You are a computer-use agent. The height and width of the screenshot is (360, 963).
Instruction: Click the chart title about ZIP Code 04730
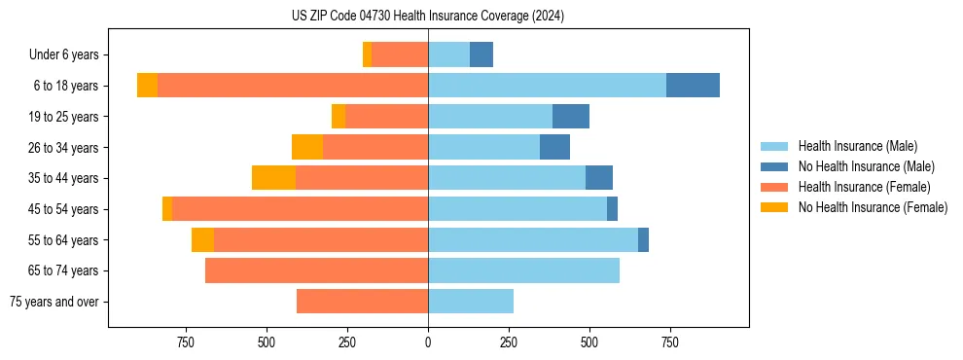(x=428, y=17)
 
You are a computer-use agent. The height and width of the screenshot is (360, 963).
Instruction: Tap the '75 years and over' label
(x=53, y=302)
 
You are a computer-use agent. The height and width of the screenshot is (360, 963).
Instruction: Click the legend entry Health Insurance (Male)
(x=857, y=146)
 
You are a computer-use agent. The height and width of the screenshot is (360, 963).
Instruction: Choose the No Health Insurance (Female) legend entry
(x=873, y=207)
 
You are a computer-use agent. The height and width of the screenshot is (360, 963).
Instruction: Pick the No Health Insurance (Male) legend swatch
(x=775, y=166)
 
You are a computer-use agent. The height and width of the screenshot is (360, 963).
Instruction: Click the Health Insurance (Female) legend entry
(x=864, y=187)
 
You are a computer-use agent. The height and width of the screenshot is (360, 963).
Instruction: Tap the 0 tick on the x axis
(x=428, y=342)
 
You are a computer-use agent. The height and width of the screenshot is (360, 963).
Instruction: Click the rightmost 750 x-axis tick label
(x=669, y=342)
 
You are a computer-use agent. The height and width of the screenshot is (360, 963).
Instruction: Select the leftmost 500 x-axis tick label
(x=267, y=342)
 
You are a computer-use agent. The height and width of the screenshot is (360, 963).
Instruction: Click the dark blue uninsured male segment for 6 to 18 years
(x=693, y=86)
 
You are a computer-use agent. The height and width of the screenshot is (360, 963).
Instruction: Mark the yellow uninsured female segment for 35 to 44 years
(x=273, y=178)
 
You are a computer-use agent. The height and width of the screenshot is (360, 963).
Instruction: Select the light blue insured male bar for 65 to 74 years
(x=523, y=270)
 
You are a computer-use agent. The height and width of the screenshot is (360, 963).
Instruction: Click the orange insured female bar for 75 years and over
(x=362, y=302)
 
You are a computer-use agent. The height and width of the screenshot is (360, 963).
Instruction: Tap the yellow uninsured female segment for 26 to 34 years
(x=307, y=147)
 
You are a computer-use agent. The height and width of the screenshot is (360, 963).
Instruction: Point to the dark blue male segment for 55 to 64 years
(x=643, y=239)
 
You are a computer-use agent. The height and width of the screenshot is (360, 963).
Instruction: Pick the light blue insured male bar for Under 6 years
(x=448, y=54)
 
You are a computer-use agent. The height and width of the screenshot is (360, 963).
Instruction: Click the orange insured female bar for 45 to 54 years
(x=300, y=209)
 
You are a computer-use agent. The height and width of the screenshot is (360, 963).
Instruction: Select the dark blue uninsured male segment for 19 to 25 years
(x=571, y=117)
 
